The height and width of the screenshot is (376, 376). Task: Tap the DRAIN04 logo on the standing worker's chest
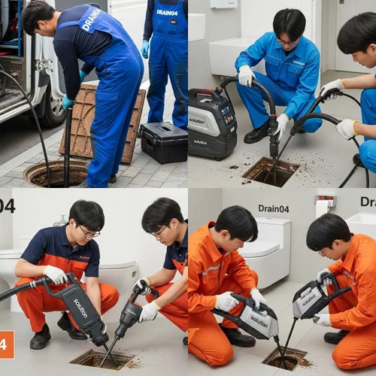(x=166, y=13)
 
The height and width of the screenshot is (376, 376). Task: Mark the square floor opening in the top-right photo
(x=270, y=171)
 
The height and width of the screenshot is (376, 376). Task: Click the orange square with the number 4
(x=6, y=344)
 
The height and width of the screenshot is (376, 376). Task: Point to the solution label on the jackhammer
(x=80, y=308)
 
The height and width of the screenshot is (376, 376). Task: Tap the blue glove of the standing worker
(x=144, y=50)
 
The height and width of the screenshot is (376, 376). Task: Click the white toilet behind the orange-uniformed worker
(x=271, y=252)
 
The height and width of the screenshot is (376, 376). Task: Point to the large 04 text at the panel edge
(x=7, y=205)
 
